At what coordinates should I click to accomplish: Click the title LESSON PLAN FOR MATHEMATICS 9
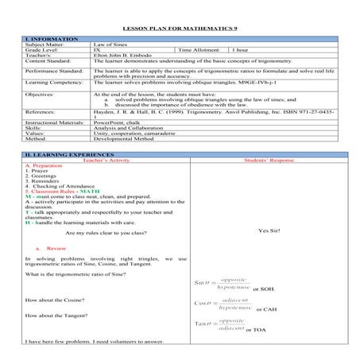(x=180, y=29)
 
